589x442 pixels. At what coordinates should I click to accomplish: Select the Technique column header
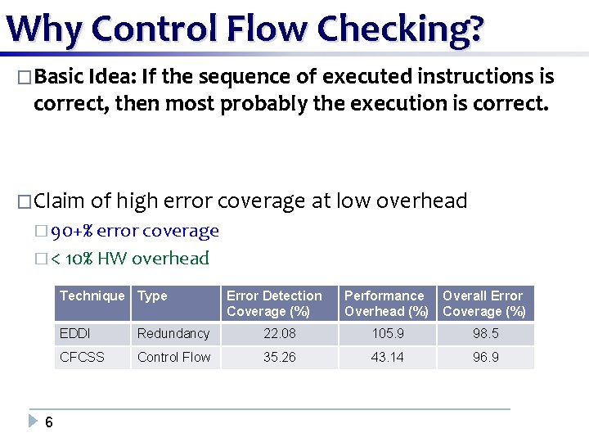92,295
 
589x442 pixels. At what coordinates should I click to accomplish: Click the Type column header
152,295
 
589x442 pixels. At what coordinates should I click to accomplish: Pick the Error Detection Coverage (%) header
274,303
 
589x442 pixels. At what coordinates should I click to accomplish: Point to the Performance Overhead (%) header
386,303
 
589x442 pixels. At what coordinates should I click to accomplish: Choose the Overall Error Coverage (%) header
483,303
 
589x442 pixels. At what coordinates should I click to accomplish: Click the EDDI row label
76,333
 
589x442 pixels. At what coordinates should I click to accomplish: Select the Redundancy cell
173,333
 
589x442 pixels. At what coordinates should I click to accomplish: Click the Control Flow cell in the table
174,357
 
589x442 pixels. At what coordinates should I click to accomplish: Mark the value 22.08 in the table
279,333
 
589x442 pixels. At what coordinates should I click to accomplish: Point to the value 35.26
279,357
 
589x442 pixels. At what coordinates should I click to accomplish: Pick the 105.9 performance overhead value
387,333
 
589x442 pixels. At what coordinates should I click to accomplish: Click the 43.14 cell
387,357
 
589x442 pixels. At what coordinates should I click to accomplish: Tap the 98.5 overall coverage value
485,333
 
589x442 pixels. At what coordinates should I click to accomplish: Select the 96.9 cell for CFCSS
485,357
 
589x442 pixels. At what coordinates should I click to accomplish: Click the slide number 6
49,422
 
